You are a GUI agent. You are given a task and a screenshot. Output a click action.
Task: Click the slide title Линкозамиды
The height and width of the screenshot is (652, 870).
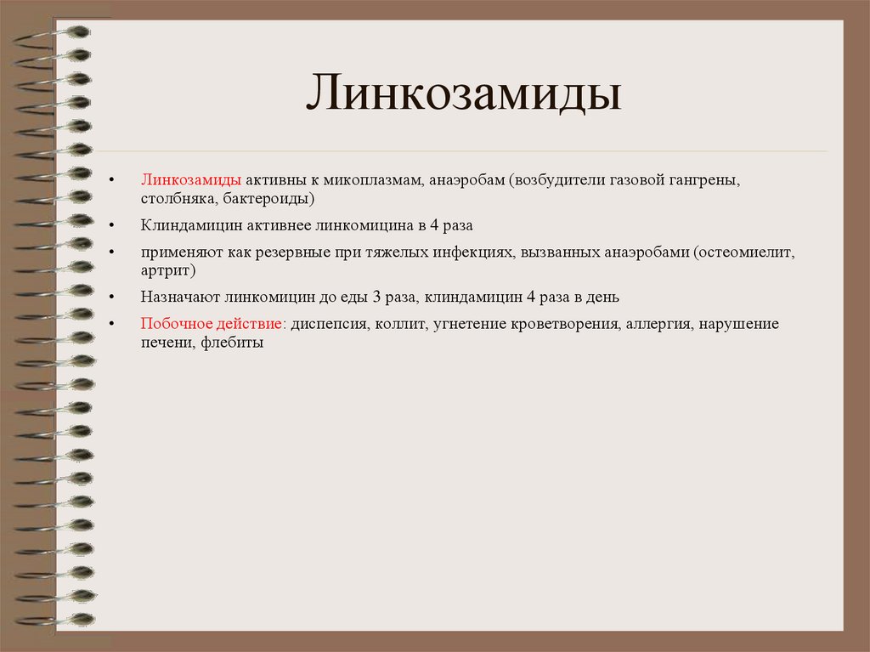tap(463, 94)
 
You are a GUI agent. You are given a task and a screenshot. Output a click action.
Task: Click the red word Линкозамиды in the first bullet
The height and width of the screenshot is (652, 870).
tap(191, 181)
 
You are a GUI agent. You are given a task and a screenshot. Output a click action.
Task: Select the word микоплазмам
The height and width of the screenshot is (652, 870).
tap(373, 181)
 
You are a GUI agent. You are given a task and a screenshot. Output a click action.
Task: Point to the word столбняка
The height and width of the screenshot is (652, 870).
tap(176, 198)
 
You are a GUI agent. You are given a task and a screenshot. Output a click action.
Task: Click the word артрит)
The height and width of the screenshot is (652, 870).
tap(168, 270)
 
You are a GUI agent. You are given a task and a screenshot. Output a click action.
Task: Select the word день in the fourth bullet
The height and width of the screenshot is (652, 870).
tap(604, 298)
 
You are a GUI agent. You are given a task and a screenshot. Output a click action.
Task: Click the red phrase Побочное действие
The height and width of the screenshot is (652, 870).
tap(213, 325)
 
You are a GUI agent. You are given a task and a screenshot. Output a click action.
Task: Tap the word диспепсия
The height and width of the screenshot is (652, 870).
tap(328, 325)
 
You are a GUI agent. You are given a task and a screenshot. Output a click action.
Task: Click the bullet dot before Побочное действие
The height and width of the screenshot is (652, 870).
tap(112, 326)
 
